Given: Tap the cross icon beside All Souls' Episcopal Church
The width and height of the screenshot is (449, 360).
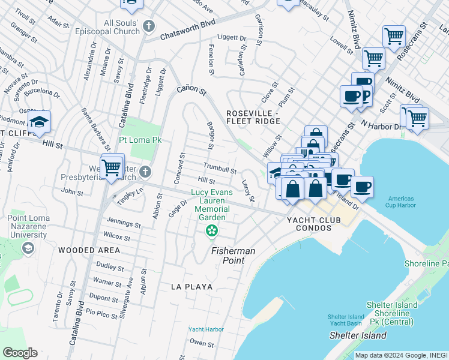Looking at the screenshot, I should coord(149,26).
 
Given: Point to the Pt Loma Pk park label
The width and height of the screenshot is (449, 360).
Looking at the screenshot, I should coord(140,140).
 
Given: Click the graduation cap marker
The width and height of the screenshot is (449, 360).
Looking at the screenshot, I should coord(39,122).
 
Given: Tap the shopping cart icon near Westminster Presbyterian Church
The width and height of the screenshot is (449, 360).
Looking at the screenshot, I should coord(112,166).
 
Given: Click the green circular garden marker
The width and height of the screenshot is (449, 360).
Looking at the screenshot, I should coord(211,230).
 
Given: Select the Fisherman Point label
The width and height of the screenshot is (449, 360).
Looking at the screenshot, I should coord(232,256).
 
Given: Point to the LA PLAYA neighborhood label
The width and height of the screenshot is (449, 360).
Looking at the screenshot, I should coord(191,287).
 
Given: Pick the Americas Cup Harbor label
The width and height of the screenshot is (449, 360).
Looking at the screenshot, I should coord(401,203).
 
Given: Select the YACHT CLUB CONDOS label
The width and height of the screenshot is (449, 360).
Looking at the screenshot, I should coord(313,220).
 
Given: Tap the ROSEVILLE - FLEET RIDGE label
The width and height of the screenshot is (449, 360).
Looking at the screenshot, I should coord(253,117).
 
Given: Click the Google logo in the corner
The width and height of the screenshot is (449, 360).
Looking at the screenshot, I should coord(20,353).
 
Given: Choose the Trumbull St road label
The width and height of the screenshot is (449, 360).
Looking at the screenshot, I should coord(220,168).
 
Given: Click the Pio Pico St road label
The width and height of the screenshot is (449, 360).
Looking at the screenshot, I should coord(101,313).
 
